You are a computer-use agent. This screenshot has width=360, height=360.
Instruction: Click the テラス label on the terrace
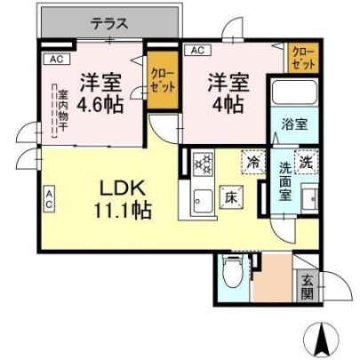click(109, 24)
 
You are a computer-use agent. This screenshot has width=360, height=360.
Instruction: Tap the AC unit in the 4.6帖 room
click(57, 59)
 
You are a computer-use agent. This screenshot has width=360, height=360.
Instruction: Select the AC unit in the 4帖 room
click(197, 50)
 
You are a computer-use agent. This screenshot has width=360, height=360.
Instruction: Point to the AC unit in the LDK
click(49, 198)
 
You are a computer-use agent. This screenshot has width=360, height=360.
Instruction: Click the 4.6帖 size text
click(100, 104)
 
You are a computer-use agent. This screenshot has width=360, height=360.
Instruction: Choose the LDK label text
click(123, 188)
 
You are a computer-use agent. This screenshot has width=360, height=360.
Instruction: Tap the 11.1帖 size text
click(123, 210)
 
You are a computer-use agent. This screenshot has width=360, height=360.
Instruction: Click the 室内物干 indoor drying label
click(62, 110)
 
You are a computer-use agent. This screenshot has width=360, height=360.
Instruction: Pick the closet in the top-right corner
click(303, 58)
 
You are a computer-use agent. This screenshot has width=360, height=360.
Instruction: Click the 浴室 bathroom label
click(294, 124)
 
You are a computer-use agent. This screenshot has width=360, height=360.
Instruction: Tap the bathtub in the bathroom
click(294, 92)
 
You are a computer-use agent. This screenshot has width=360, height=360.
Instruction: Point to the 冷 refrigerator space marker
click(253, 163)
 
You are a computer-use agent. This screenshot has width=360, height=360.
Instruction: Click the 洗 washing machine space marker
click(306, 162)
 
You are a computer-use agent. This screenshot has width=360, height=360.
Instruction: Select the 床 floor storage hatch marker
click(231, 197)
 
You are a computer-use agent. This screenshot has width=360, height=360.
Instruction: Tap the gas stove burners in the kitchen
click(203, 164)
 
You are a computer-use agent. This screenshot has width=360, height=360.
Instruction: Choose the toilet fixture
click(235, 272)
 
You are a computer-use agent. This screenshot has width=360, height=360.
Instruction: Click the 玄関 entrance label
click(308, 286)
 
